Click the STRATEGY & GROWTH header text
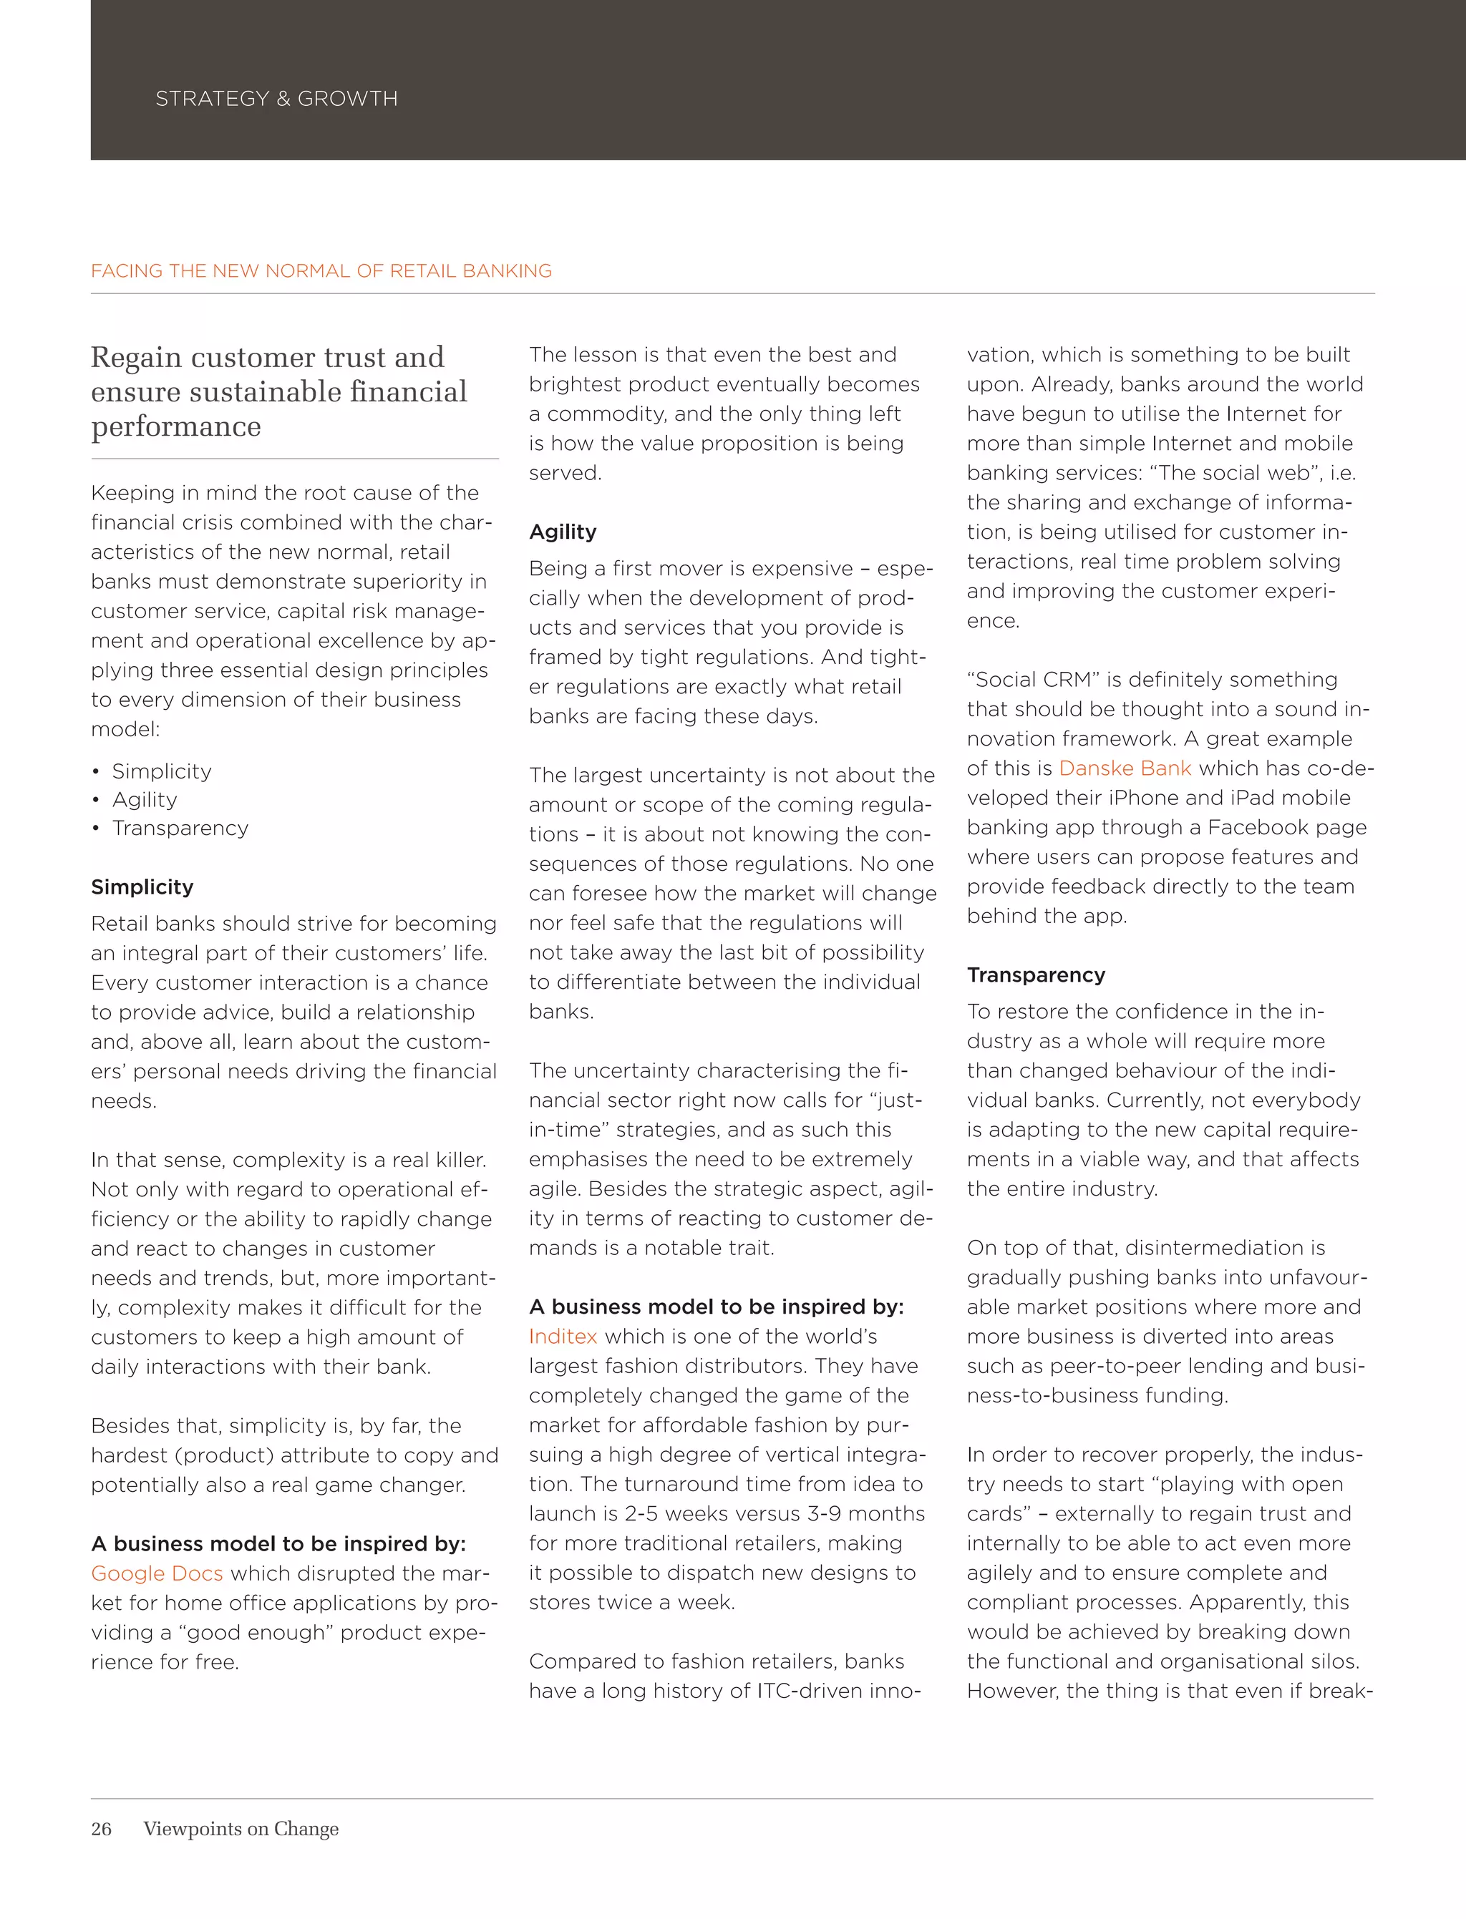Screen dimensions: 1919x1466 coord(276,99)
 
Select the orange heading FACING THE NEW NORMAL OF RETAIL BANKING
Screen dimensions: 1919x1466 coord(321,270)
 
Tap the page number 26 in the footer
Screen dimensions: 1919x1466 coord(101,1828)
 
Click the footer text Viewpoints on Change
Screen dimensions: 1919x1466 coord(241,1828)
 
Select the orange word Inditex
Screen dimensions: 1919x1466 coord(563,1337)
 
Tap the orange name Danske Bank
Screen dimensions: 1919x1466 coord(1125,768)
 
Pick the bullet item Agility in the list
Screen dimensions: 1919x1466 coord(145,800)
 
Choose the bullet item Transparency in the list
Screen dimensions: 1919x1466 coord(180,828)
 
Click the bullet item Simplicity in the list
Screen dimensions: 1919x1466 coord(162,771)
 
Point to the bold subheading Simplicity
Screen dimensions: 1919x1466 coord(142,887)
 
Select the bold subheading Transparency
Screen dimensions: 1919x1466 coord(1036,975)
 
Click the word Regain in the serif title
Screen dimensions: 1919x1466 coord(136,358)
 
